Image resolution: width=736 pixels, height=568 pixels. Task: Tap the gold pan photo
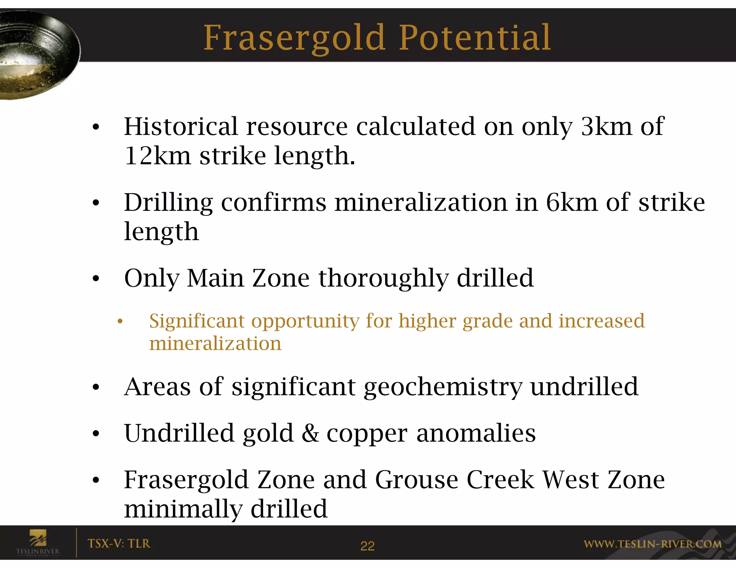tap(36, 54)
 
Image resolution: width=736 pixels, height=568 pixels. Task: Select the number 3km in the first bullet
tap(606, 126)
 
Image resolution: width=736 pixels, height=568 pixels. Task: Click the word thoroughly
tap(383, 279)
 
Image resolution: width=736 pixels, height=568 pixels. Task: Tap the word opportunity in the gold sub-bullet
tap(305, 321)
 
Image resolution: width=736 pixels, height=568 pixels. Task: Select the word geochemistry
tap(443, 387)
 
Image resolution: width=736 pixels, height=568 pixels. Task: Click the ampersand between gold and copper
tap(310, 433)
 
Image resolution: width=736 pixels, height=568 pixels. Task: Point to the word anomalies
tap(476, 433)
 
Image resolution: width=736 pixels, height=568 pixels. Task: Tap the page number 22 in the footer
tap(367, 546)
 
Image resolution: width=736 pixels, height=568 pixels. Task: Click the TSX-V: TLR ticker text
tap(119, 544)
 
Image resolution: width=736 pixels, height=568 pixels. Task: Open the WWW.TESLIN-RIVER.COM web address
tap(652, 544)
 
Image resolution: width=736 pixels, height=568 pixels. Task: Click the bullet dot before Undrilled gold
tap(96, 434)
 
